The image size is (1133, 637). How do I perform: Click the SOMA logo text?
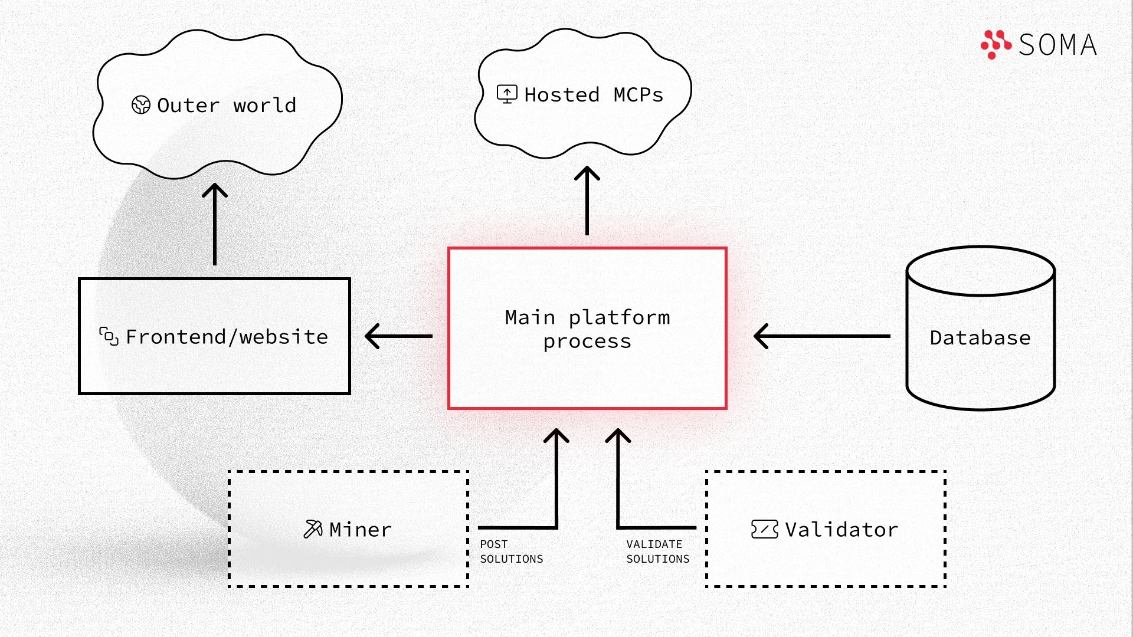tap(1058, 45)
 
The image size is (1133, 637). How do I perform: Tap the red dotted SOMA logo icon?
tap(996, 44)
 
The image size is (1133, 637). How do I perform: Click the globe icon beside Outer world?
tap(141, 105)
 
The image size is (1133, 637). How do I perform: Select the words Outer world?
tap(227, 105)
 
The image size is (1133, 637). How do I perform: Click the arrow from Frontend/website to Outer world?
tap(215, 224)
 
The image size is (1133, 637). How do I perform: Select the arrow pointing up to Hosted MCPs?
tap(587, 201)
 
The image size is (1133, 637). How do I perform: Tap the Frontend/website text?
tap(227, 337)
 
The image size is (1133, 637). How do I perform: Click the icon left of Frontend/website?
tap(109, 336)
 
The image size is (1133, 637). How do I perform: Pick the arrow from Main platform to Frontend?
tap(399, 336)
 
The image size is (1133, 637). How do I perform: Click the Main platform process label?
tap(588, 329)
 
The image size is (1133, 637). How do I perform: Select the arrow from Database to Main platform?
tap(822, 336)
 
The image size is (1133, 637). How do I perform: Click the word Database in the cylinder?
tap(980, 337)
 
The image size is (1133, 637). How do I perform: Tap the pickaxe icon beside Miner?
tap(313, 529)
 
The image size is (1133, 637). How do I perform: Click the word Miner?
tap(361, 530)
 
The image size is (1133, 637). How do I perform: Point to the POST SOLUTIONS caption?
tap(512, 551)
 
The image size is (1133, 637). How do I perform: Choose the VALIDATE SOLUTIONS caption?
tap(658, 551)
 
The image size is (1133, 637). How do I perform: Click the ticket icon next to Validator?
tap(765, 529)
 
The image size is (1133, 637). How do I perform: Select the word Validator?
tap(841, 530)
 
